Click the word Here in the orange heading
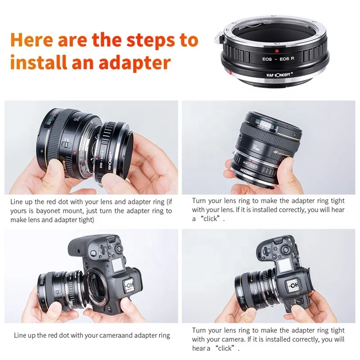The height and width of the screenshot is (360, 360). click(x=32, y=40)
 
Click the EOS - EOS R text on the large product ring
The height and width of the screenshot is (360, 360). click(x=271, y=58)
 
